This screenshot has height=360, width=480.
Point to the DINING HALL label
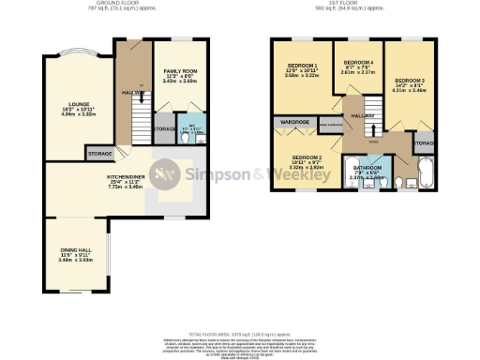click(65, 251)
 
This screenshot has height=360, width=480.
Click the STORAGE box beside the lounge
click(99, 153)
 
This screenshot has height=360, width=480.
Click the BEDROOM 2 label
click(307, 157)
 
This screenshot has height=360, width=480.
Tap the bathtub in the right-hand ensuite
click(421, 174)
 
